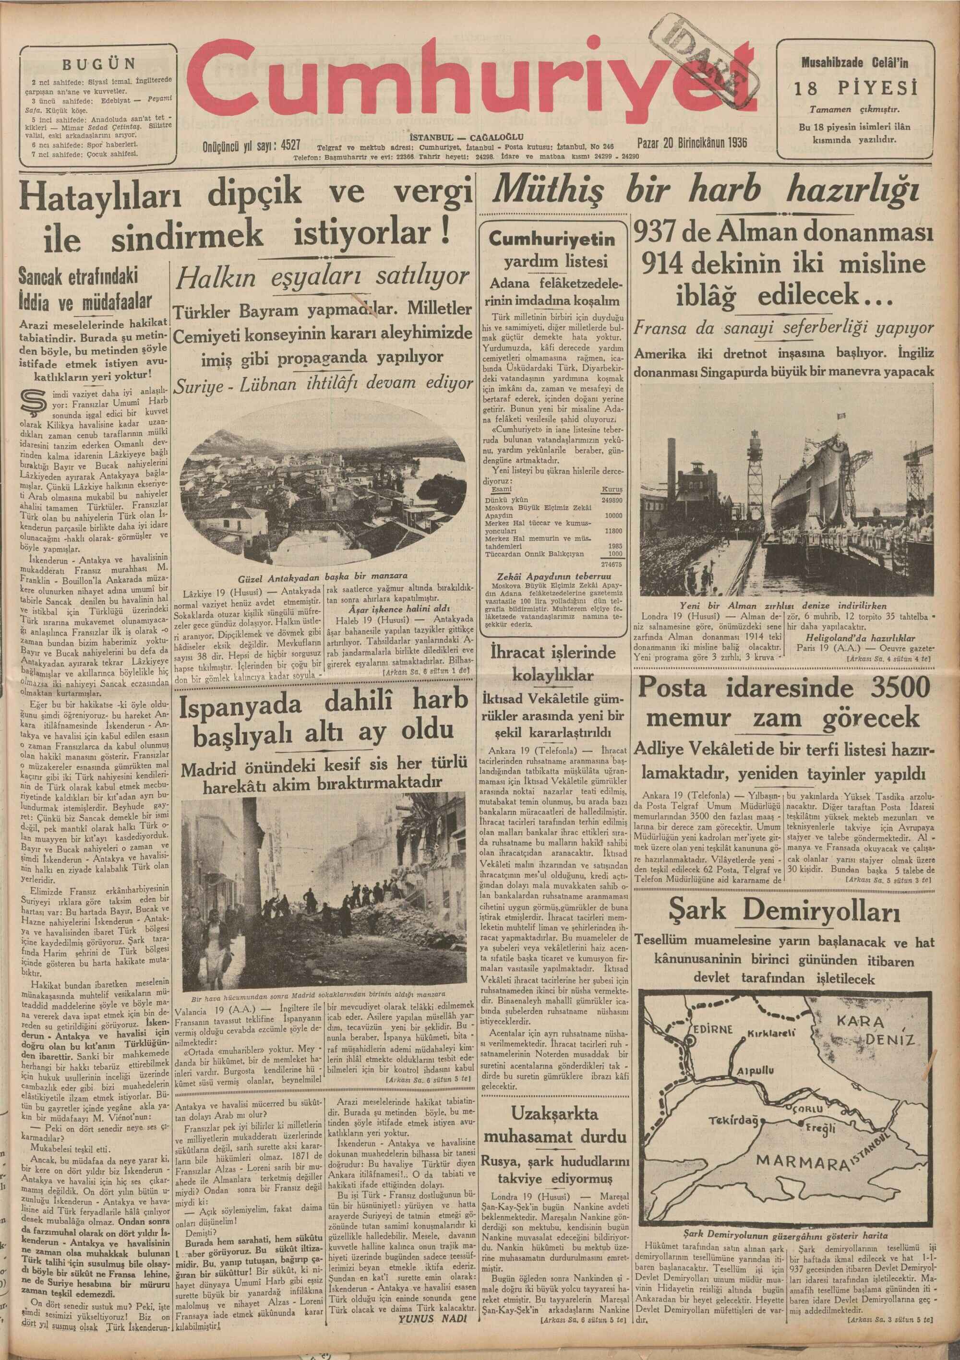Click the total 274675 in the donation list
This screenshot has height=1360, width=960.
pos(611,564)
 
